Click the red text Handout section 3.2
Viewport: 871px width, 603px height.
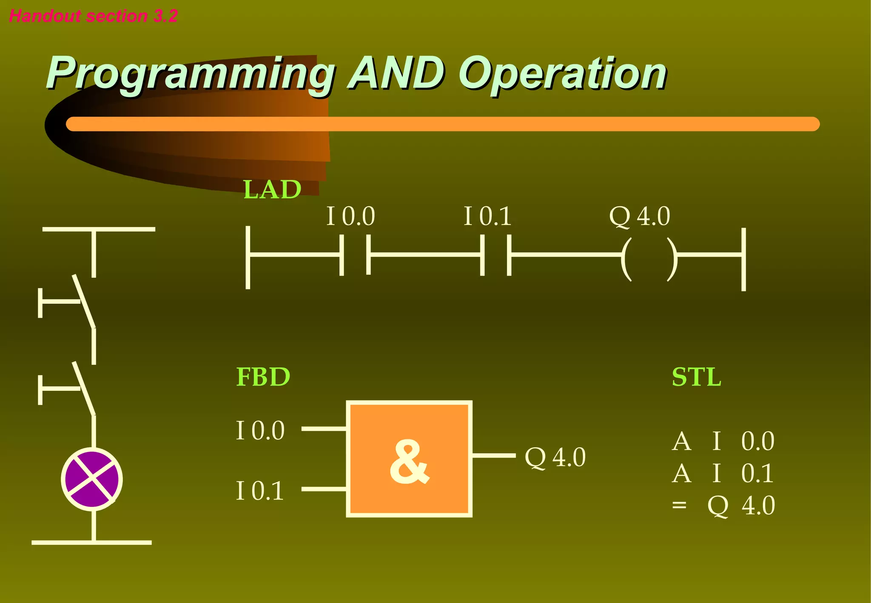click(x=93, y=16)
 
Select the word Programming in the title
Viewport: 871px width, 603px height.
click(x=190, y=74)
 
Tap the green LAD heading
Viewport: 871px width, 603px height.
click(x=272, y=189)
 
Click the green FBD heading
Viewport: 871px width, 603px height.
click(x=263, y=377)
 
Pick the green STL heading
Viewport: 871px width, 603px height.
click(x=696, y=377)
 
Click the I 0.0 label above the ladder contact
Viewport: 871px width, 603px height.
click(x=350, y=216)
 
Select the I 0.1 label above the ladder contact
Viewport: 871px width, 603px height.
click(x=487, y=216)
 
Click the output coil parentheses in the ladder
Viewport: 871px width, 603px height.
click(x=649, y=259)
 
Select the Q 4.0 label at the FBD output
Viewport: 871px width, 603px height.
click(x=555, y=458)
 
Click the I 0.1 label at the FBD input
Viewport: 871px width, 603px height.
click(x=260, y=491)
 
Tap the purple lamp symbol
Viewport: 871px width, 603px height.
click(x=92, y=479)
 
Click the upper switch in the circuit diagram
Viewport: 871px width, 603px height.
click(x=83, y=301)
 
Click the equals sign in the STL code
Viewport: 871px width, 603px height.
click(x=679, y=506)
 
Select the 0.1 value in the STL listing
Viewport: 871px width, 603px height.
click(x=757, y=473)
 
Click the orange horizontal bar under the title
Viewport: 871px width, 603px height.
click(x=442, y=124)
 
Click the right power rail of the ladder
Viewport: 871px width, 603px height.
click(x=743, y=259)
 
